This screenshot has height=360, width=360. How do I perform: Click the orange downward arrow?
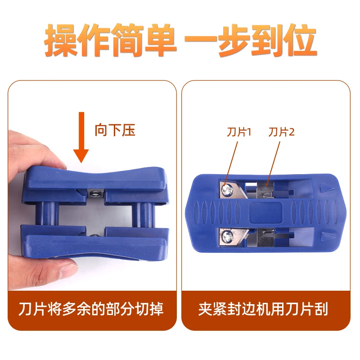coord(81,137)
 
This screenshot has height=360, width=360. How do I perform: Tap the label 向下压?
coord(115,130)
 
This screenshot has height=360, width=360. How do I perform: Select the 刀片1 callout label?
coord(239,132)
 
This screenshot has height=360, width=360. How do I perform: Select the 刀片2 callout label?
coord(281,132)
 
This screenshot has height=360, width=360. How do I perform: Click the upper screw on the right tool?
coord(228,190)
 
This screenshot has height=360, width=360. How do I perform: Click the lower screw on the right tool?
coord(228,236)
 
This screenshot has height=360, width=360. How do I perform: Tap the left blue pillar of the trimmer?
coord(47,213)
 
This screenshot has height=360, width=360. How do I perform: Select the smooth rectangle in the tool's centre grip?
coord(265,213)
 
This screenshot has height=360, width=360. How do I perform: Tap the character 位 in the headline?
coord(300,40)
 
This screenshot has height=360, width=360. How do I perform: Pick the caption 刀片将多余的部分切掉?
coord(91,309)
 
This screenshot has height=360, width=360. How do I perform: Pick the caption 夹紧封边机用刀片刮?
coord(263,309)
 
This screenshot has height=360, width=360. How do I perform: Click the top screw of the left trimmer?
coord(95,193)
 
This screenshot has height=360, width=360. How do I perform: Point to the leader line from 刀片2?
coord(273,163)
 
